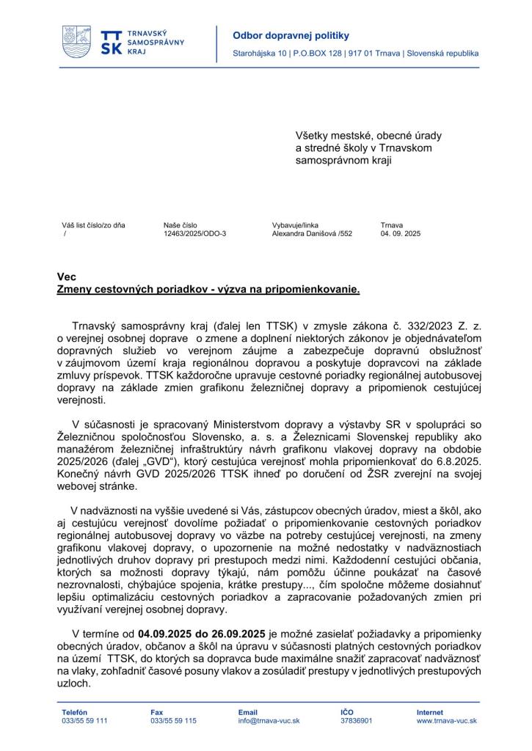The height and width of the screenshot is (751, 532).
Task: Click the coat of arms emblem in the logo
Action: click(77, 43)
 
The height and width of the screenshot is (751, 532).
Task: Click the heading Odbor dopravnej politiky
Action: click(280, 35)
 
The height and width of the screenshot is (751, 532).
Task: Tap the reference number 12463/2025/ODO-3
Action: click(194, 234)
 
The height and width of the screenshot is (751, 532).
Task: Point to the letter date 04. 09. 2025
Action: click(400, 234)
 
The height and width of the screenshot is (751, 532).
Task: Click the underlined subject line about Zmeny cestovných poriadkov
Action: click(208, 289)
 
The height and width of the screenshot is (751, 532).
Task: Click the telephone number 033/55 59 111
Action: click(84, 721)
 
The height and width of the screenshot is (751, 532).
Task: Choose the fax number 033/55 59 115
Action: click(173, 721)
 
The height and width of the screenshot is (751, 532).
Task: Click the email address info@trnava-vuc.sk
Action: click(269, 721)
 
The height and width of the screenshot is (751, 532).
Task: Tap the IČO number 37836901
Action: click(356, 721)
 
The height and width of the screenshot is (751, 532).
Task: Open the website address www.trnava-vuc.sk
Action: click(446, 721)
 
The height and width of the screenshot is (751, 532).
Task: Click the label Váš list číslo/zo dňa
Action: click(93, 225)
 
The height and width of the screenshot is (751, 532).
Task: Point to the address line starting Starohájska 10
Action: click(355, 54)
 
